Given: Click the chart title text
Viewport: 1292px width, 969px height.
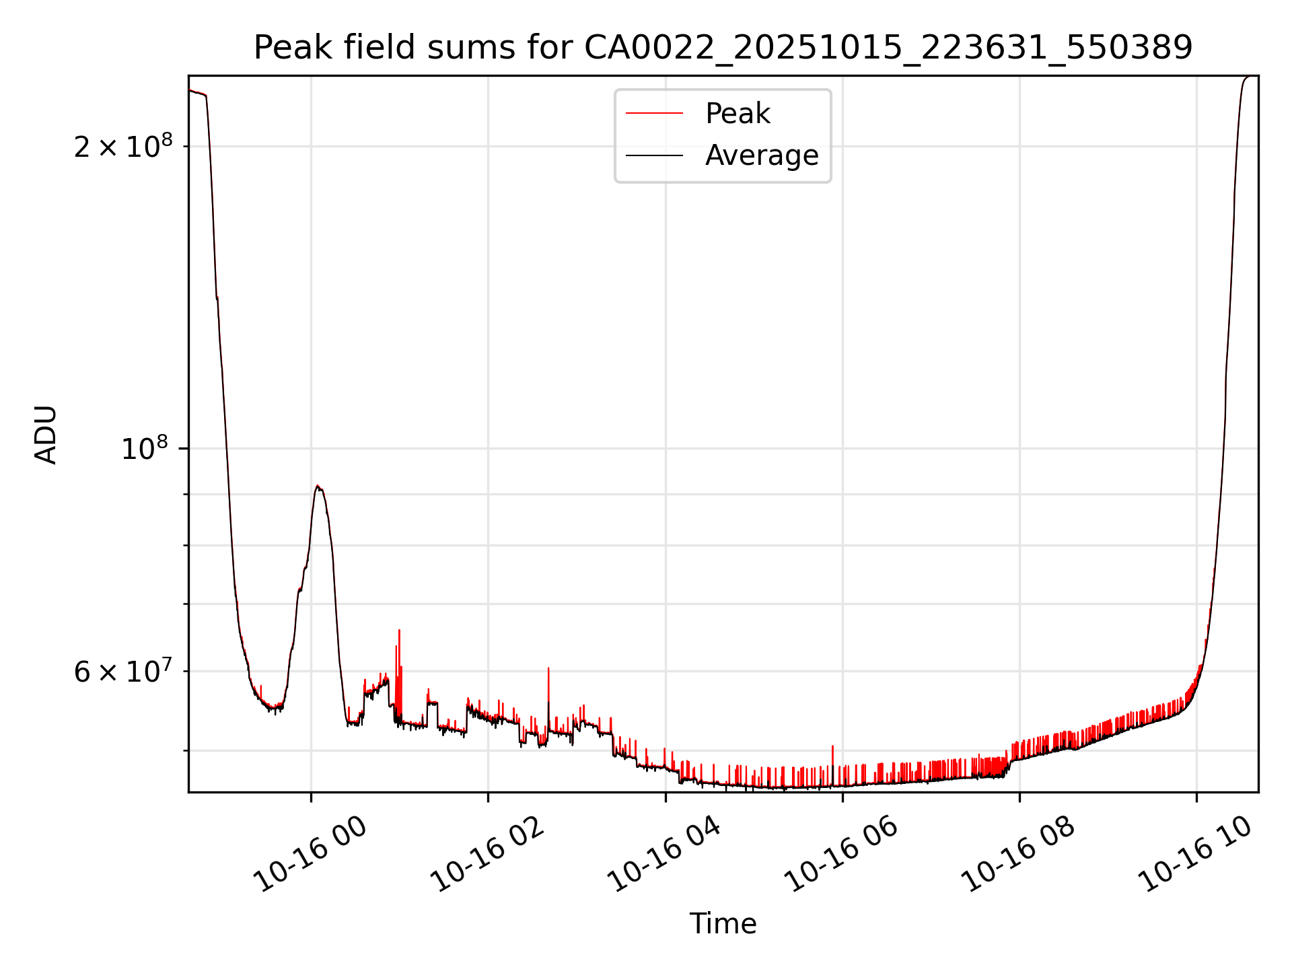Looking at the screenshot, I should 723,48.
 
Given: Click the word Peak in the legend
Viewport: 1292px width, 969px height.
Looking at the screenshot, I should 738,114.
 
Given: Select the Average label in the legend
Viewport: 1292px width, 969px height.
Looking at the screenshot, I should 762,155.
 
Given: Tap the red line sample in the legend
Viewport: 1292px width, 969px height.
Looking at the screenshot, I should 654,114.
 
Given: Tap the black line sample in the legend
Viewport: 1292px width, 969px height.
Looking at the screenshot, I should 654,155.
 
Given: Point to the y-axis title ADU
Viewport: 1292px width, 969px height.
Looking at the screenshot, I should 46,435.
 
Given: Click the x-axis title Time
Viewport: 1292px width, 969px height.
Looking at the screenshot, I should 723,924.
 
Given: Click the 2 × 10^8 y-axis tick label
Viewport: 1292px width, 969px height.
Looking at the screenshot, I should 123,146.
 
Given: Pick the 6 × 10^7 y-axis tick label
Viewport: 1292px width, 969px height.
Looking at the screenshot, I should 123,671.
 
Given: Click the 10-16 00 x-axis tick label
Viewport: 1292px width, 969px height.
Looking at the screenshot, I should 312,855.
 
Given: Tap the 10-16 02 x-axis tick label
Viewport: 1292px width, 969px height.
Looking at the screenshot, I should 487,855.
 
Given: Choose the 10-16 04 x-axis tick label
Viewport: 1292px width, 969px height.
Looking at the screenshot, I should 665,855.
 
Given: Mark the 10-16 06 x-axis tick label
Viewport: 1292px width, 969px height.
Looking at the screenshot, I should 842,855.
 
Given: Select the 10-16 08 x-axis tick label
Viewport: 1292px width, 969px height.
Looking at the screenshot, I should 1019,855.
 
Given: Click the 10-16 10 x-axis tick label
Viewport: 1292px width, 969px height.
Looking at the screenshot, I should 1196,855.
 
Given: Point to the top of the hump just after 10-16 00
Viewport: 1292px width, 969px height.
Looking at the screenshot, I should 318,486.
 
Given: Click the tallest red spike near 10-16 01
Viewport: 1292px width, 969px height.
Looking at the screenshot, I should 399,631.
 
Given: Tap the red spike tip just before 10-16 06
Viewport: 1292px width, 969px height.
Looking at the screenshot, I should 833,746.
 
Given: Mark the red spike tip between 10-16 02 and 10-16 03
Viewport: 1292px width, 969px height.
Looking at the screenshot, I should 548,668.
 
